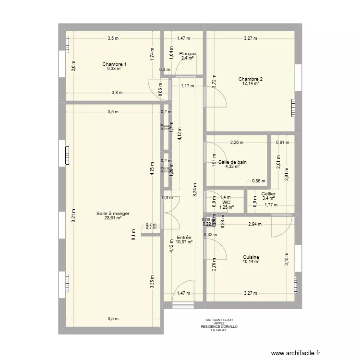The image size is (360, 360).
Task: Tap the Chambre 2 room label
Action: (251, 79)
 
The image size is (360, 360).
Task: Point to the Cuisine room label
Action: (251, 257)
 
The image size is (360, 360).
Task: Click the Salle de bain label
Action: (232, 162)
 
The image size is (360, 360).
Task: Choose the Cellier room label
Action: (268, 194)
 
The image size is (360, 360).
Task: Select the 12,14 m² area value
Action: (251, 84)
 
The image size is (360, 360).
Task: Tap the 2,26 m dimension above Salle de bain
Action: (237, 143)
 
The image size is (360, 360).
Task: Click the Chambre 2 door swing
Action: (217, 96)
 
